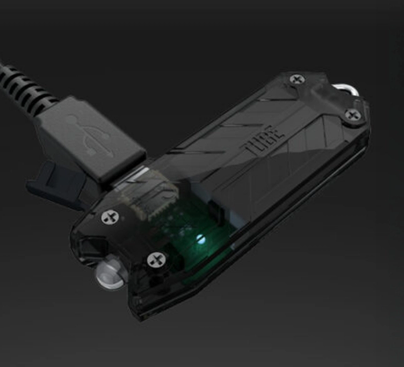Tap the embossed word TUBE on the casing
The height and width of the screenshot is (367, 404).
pos(263,140)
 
